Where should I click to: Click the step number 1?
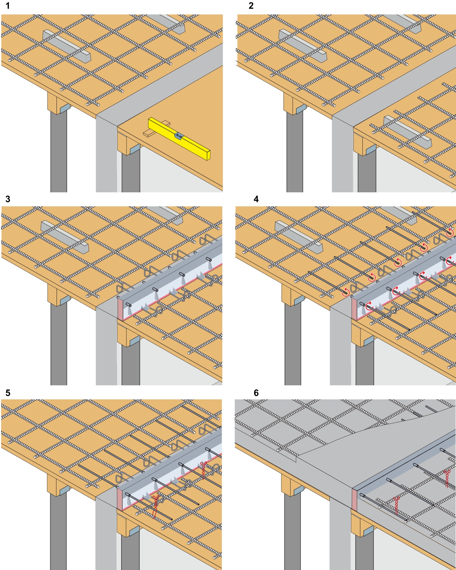click(x=8, y=6)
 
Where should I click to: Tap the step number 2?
click(x=251, y=6)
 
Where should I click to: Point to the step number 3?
click(x=8, y=199)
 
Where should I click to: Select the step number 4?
click(x=256, y=199)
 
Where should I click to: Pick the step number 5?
click(x=8, y=393)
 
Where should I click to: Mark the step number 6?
click(x=256, y=393)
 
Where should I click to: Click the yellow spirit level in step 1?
click(x=179, y=139)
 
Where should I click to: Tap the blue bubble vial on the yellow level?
click(x=179, y=136)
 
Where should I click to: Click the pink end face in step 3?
click(x=120, y=309)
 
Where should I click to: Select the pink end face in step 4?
click(x=354, y=309)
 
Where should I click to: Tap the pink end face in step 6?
click(x=354, y=499)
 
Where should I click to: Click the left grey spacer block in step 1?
click(x=67, y=46)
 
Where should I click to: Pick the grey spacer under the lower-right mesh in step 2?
click(x=407, y=132)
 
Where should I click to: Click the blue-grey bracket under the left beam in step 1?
click(x=65, y=108)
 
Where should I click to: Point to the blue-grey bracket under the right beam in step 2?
click(x=371, y=149)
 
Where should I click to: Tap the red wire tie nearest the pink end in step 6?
click(x=397, y=505)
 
